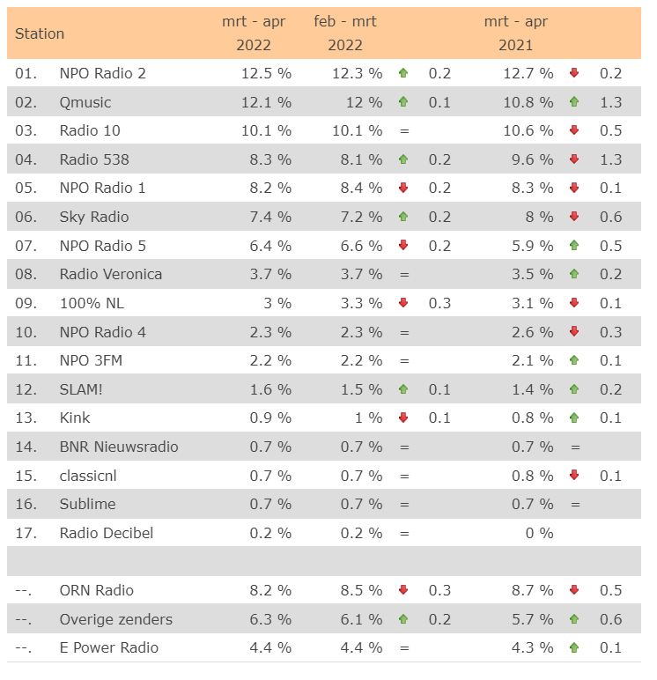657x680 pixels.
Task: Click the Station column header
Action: coord(40,33)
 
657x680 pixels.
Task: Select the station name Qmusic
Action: coord(85,102)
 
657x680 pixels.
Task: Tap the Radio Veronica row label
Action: coord(111,274)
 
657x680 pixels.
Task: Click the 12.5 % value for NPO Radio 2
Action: coord(266,73)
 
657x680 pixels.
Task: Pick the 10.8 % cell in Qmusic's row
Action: coord(528,102)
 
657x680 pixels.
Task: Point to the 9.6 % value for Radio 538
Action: coord(532,159)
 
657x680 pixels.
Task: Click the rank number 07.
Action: coord(26,246)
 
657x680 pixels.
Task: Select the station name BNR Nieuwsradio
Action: coord(119,447)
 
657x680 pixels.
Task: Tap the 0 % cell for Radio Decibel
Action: coord(539,533)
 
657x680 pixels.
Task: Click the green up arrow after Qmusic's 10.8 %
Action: coord(574,102)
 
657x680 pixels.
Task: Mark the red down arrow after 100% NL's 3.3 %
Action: coord(403,303)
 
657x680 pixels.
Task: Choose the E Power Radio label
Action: coord(109,647)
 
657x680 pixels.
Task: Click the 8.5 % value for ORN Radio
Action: coord(361,590)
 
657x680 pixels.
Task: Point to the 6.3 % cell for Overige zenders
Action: coord(270,619)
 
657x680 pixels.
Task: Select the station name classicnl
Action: coord(88,476)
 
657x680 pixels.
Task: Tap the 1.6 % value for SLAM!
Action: coord(270,389)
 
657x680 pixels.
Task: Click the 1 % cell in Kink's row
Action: coord(368,418)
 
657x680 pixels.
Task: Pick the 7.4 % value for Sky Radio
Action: coord(270,217)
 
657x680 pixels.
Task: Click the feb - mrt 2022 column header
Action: coord(345,33)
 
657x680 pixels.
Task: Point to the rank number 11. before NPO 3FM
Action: coord(26,360)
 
